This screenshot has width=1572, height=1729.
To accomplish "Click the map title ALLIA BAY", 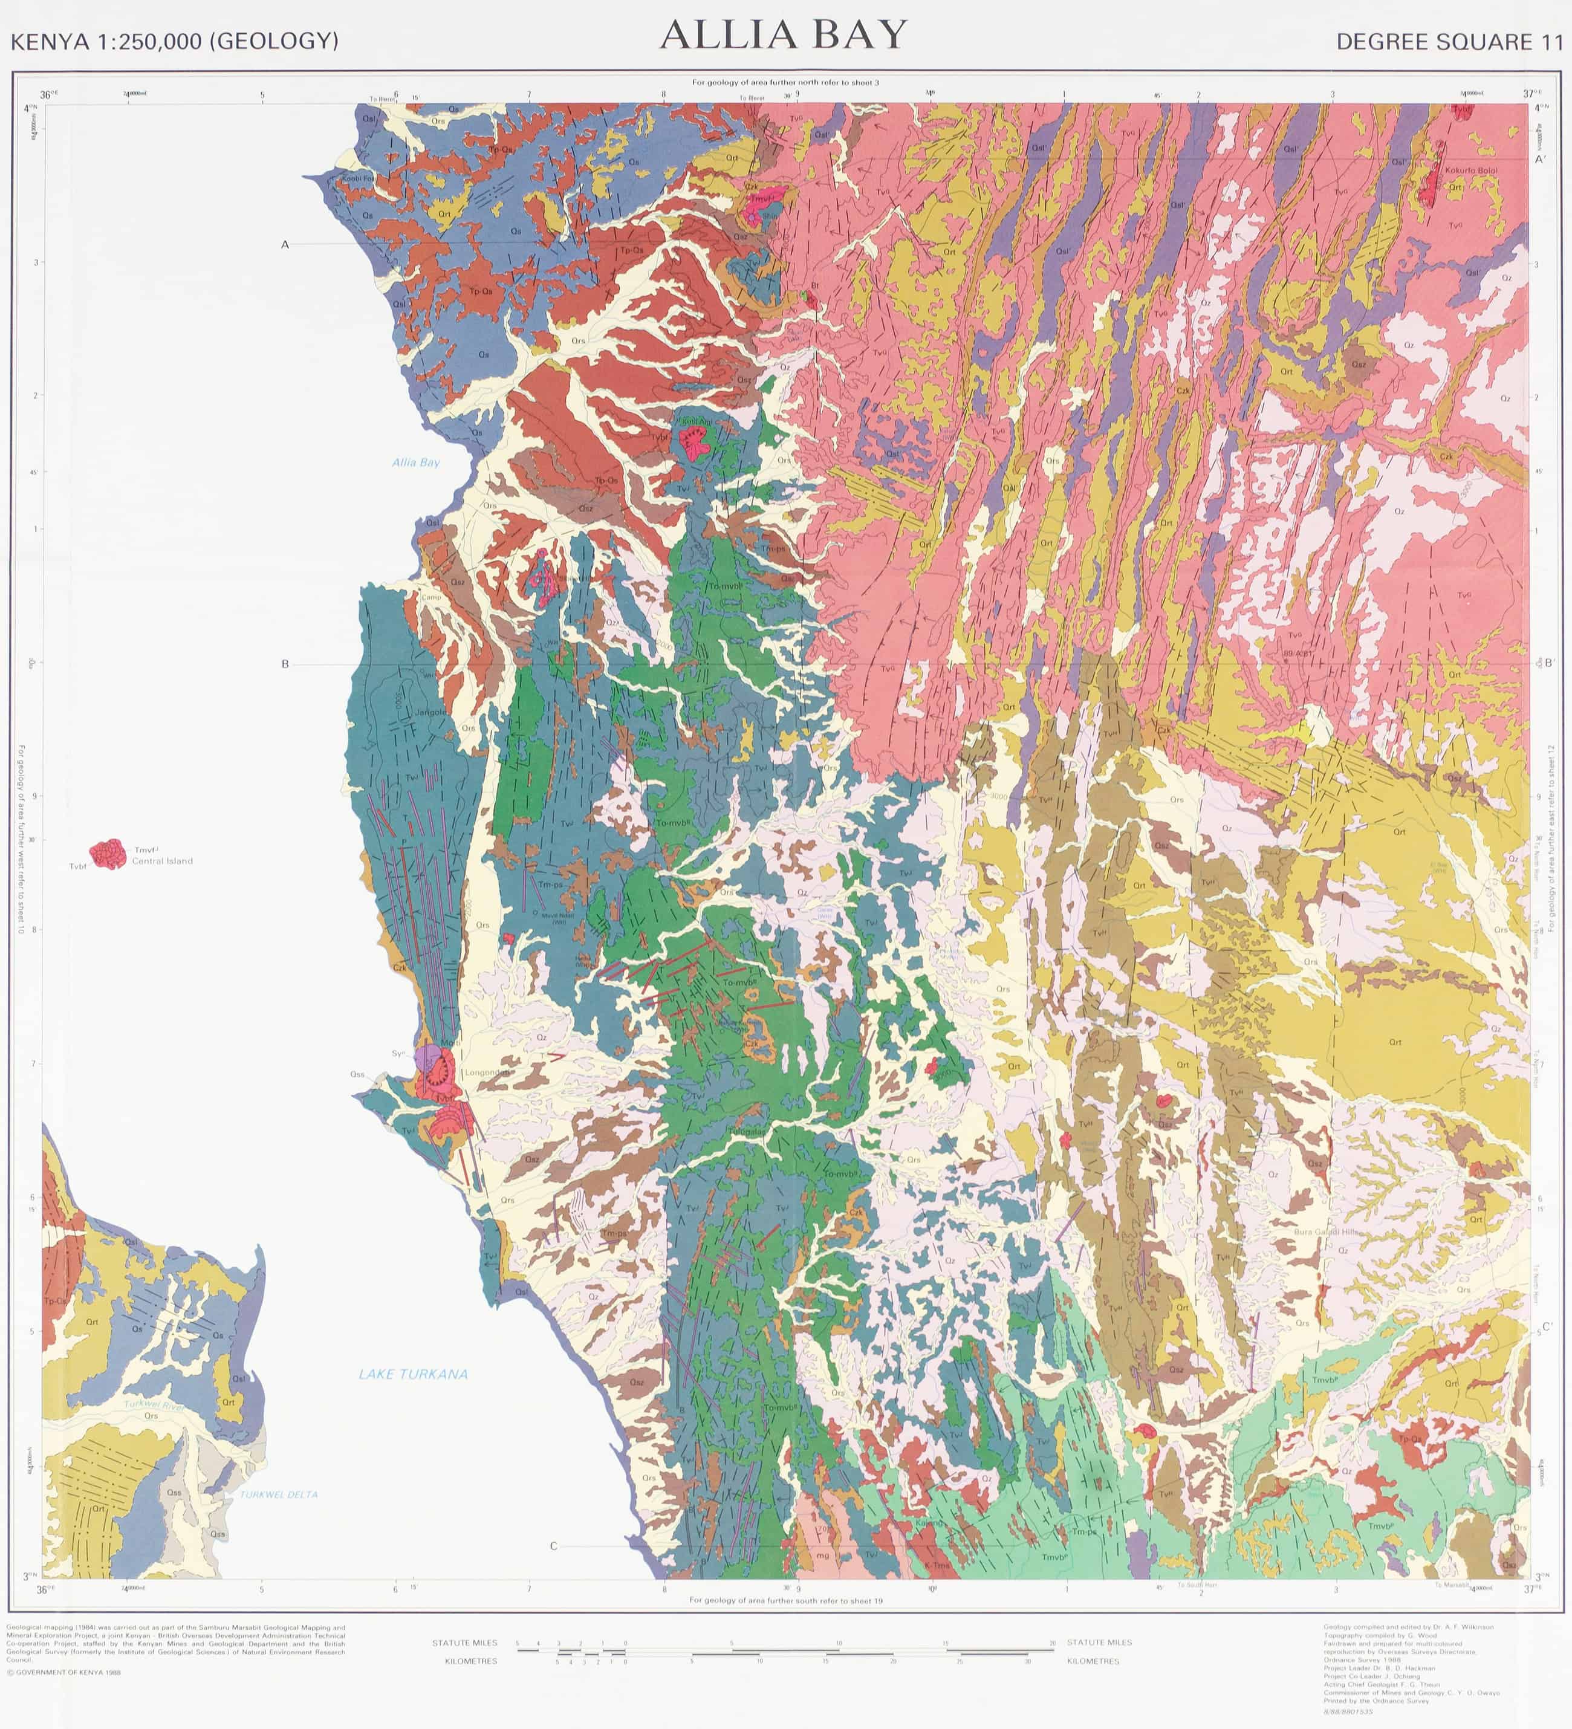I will coord(783,35).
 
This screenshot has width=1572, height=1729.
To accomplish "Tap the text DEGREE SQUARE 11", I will coord(1449,42).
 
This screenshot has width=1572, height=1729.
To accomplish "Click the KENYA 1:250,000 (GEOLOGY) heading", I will coord(174,41).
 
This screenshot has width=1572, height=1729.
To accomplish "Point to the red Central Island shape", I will coord(109,854).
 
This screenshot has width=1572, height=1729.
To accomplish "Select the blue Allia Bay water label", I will coord(416,462).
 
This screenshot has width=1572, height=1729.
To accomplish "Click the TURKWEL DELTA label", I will coord(279,1494).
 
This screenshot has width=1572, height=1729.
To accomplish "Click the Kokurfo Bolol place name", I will coord(1471,170).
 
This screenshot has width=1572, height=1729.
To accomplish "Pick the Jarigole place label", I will coord(431,712).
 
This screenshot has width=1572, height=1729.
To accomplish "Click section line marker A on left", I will coord(285,244).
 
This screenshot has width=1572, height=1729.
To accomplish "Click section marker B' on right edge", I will coord(1549,663).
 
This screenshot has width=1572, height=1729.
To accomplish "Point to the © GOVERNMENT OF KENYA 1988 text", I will coord(63,1672).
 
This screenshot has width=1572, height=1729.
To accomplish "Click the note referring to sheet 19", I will coord(787,1600).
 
